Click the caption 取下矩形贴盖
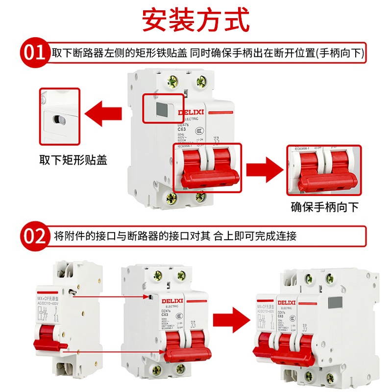[73, 160]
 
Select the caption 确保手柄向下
[324, 207]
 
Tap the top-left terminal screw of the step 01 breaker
[172, 80]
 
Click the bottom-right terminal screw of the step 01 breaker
[200, 197]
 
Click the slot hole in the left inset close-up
[57, 119]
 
